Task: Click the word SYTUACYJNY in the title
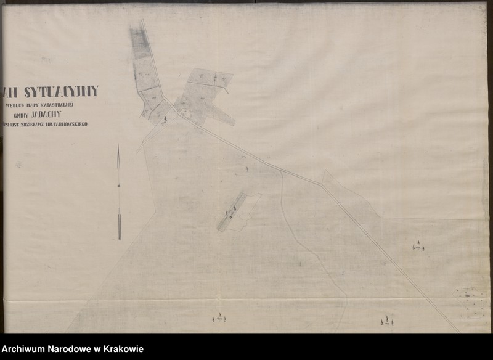click(x=60, y=92)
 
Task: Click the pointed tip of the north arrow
click(x=118, y=146)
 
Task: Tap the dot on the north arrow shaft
click(x=118, y=186)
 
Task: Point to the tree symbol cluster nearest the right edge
click(x=418, y=247)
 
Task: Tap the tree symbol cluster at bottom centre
click(x=219, y=318)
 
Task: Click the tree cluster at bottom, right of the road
click(x=387, y=321)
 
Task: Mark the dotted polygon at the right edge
click(x=470, y=302)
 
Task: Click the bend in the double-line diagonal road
click(x=321, y=184)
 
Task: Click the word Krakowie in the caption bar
click(x=124, y=349)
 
